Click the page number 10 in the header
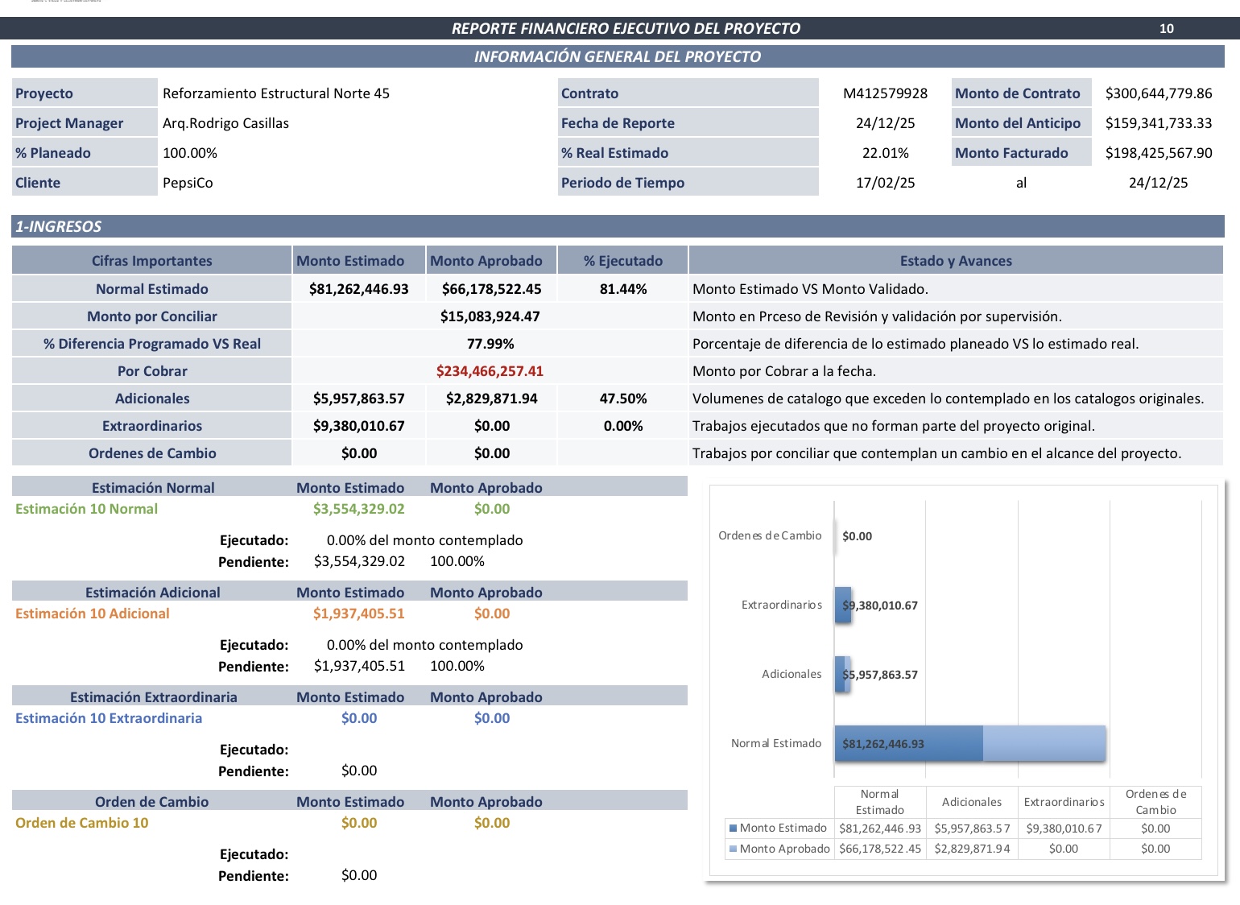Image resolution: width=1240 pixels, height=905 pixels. [1166, 29]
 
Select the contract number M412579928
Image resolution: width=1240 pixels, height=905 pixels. [885, 93]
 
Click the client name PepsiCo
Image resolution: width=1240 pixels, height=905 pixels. [188, 183]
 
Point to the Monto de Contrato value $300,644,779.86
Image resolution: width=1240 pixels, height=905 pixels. [1158, 93]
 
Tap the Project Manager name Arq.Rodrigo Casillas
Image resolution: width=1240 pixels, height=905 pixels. [225, 123]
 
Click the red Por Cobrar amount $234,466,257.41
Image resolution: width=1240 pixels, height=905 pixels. [490, 371]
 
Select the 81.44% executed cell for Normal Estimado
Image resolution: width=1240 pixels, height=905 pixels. [622, 289]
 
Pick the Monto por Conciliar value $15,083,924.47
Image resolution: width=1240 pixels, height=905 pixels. [490, 316]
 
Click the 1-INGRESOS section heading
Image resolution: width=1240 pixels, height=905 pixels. [59, 227]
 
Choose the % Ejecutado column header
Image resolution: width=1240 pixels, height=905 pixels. [622, 261]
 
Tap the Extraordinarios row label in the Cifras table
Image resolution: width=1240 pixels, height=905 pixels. [151, 426]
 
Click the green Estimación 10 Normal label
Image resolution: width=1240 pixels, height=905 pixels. [86, 509]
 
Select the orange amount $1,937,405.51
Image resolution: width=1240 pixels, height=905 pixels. [358, 614]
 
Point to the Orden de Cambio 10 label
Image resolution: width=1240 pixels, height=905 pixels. [81, 823]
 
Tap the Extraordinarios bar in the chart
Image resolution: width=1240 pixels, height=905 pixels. [843, 605]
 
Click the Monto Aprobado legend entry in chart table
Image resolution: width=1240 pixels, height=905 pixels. [779, 849]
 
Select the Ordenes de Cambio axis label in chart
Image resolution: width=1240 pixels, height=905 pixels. [770, 535]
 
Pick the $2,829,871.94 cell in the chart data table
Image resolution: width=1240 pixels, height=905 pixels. [972, 849]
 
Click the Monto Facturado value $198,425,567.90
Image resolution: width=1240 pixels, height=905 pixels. [1158, 153]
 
